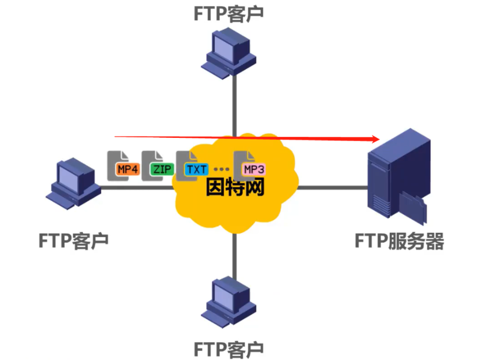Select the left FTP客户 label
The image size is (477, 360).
(74, 240)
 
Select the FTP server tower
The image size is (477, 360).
(398, 177)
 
